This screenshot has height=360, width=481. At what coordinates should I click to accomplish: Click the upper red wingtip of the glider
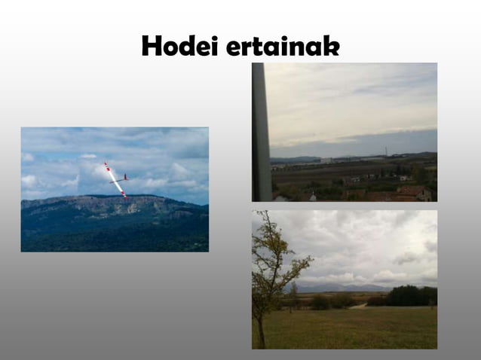pyautogui.click(x=107, y=166)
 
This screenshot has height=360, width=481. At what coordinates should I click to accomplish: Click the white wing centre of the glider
pyautogui.click(x=116, y=181)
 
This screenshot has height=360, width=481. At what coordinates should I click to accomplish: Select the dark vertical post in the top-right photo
pyautogui.click(x=261, y=132)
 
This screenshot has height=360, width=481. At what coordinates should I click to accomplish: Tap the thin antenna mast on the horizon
pyautogui.click(x=386, y=151)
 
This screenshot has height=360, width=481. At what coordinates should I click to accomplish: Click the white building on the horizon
pyautogui.click(x=326, y=160)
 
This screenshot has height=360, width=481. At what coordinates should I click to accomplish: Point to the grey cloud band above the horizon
pyautogui.click(x=354, y=143)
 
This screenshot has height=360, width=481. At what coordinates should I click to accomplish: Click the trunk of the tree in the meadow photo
pyautogui.click(x=261, y=331)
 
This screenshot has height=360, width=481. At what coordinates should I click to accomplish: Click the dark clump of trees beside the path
pyautogui.click(x=411, y=296)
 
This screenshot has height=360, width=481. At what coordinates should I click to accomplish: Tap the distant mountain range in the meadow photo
pyautogui.click(x=339, y=287)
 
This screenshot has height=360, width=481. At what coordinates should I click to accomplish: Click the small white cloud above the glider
pyautogui.click(x=89, y=156)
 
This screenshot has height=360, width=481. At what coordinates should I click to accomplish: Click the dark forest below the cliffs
pyautogui.click(x=113, y=237)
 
